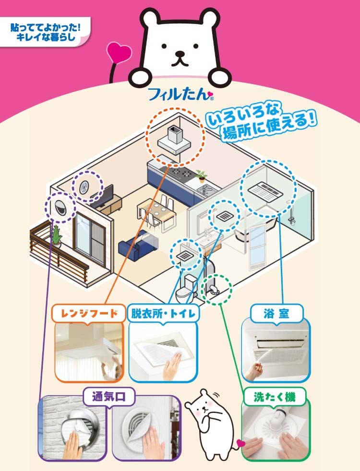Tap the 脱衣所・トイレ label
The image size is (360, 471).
click(163, 314)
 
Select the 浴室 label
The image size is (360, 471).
click(277, 314)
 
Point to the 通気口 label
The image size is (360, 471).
click(108, 397)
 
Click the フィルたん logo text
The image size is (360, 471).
click(180, 92)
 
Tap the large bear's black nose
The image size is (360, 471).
click(180, 55)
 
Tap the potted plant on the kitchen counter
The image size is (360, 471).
click(201, 175)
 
